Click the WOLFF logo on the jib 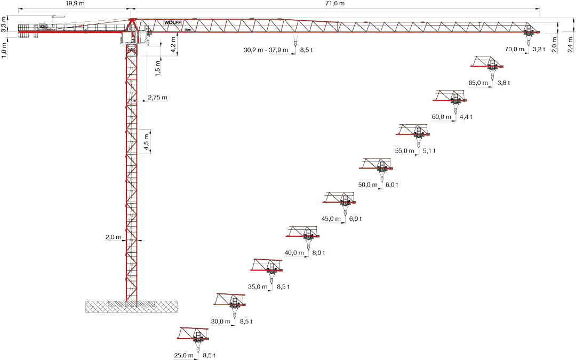point(173,22)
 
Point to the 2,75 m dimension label point(157,98)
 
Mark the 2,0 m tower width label point(113,237)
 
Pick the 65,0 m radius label point(478,83)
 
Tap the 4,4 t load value point(466,117)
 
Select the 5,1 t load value point(429,150)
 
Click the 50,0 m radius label point(367,185)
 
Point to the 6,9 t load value point(356,219)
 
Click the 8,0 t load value point(318,253)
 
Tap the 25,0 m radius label point(183,356)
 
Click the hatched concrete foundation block point(132,306)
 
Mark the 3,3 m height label point(4,24)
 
